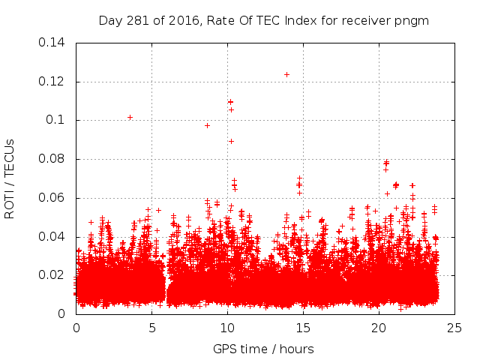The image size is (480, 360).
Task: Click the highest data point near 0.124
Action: (286, 74)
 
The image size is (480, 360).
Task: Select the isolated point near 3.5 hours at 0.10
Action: (130, 117)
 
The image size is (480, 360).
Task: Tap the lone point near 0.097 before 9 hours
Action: (207, 125)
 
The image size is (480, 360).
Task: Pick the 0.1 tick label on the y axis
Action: (58, 120)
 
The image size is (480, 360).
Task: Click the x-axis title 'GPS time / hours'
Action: (263, 349)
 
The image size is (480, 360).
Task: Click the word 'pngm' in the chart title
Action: (413, 20)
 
